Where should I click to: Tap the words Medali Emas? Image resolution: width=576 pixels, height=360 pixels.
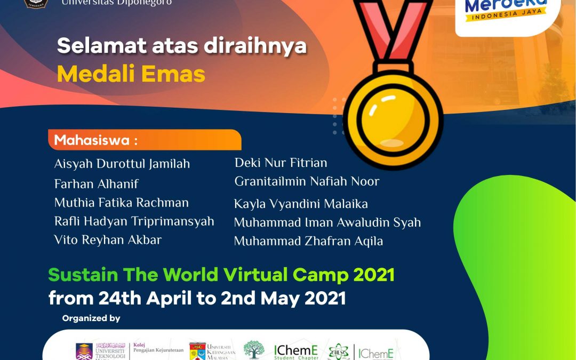(131, 74)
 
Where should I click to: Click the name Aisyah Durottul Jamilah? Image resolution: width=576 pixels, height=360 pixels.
(122, 164)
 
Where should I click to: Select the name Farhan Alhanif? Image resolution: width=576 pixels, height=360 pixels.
(97, 184)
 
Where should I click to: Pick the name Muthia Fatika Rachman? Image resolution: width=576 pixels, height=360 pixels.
(122, 203)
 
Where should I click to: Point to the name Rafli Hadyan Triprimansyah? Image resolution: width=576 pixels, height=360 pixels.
(134, 221)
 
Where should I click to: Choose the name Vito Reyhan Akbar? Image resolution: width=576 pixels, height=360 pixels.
(108, 239)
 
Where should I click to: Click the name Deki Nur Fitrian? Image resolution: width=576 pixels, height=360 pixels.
(281, 163)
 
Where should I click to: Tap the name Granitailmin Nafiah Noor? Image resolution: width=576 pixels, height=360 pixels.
(307, 181)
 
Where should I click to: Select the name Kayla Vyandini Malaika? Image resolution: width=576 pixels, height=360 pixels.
(301, 204)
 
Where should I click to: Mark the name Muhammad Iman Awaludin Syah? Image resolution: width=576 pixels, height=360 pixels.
(327, 222)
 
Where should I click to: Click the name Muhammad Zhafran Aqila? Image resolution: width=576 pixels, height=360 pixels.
(308, 241)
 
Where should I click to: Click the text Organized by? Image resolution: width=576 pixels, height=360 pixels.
(91, 318)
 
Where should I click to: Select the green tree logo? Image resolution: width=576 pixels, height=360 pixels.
(254, 350)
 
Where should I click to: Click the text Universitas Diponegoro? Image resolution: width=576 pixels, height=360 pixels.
(117, 3)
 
